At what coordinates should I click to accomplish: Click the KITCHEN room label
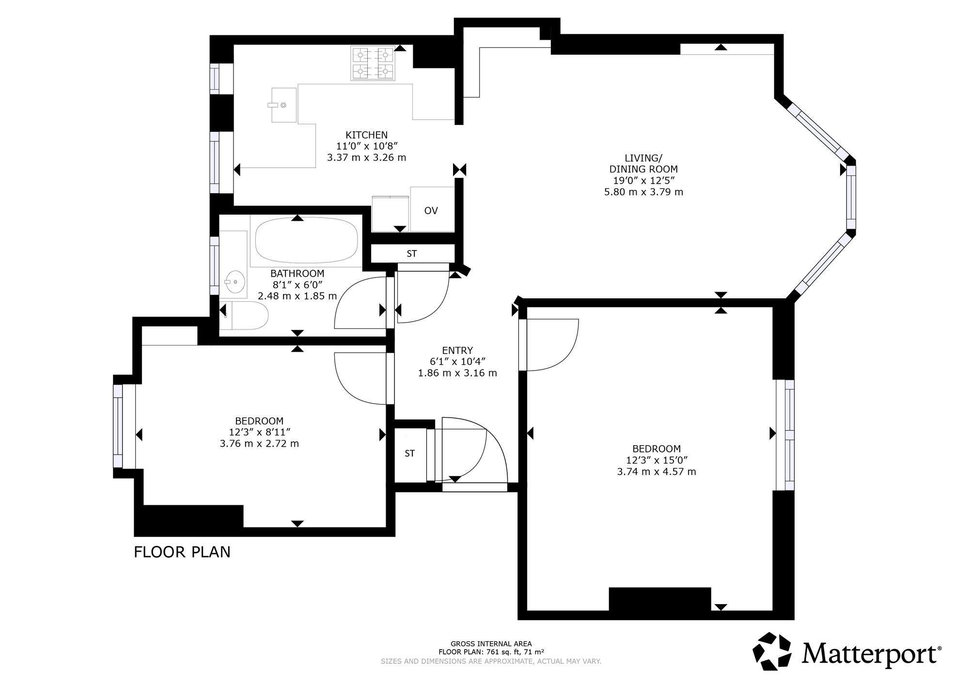click(x=366, y=135)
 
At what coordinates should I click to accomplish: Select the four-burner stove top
click(x=372, y=63)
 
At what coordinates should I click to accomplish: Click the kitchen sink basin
click(x=283, y=105)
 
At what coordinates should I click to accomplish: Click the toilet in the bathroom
click(x=247, y=315)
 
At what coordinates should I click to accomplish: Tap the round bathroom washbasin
click(x=234, y=281)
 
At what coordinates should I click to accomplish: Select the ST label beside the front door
click(x=410, y=453)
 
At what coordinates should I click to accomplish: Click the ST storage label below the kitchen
click(x=412, y=253)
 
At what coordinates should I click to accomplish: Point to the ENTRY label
click(x=457, y=350)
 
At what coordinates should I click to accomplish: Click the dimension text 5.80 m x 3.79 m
click(x=643, y=192)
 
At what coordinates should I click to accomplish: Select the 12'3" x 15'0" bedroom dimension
click(x=656, y=460)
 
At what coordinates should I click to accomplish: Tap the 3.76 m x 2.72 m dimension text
click(x=259, y=443)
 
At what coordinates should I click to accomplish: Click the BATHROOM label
click(x=297, y=274)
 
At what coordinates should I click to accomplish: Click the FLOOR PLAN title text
click(x=182, y=552)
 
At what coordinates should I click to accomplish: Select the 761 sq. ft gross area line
click(x=491, y=652)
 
